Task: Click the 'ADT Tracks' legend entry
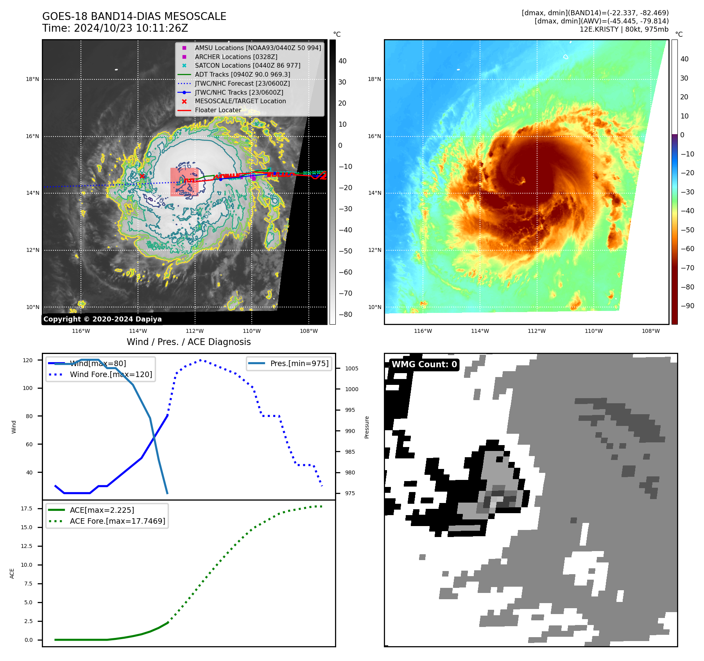click(242, 74)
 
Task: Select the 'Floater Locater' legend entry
click(218, 110)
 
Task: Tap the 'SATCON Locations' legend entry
click(247, 65)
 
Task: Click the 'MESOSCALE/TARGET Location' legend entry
click(240, 101)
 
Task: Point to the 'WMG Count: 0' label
click(424, 365)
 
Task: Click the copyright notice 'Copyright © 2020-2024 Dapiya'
click(102, 319)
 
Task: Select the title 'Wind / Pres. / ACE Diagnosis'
click(188, 342)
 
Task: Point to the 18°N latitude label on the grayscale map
click(32, 79)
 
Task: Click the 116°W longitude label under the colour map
click(423, 331)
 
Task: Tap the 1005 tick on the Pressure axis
click(351, 368)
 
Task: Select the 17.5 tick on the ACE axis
click(27, 508)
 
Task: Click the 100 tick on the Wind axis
click(28, 388)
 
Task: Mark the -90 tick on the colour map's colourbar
click(687, 306)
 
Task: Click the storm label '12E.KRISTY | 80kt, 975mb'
click(624, 29)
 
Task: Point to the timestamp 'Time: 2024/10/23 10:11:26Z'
click(115, 28)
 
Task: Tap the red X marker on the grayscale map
click(142, 176)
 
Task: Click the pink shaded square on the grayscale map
click(184, 182)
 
